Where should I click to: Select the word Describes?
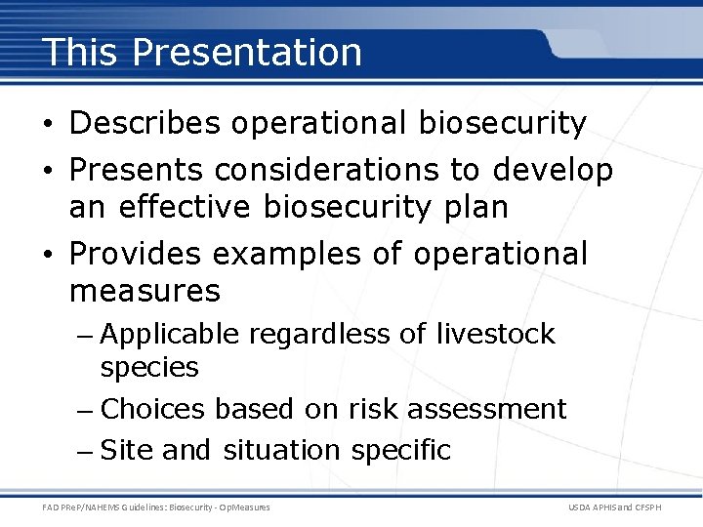click(x=146, y=124)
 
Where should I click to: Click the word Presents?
click(x=137, y=171)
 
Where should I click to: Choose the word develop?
click(x=553, y=172)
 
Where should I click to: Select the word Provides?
click(x=136, y=254)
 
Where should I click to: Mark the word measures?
click(x=145, y=291)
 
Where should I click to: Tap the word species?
click(x=149, y=368)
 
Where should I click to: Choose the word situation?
click(x=281, y=450)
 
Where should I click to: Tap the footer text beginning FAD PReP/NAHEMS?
click(x=156, y=507)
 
